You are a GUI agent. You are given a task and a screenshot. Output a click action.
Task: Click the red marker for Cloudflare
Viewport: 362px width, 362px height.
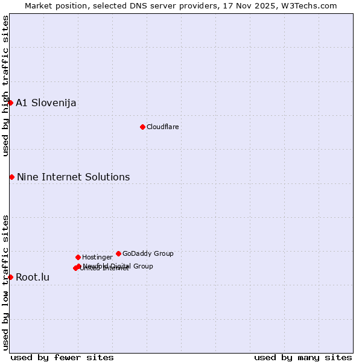[x=142, y=127]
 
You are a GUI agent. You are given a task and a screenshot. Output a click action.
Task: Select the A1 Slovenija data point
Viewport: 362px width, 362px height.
[x=10, y=103]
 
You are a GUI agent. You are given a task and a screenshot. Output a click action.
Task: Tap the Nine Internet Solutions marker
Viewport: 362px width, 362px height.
[x=11, y=177]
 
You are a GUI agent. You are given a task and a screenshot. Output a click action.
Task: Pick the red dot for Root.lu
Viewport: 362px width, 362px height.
[x=10, y=277]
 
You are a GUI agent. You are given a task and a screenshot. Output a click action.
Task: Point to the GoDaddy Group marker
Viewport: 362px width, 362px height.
[x=118, y=253]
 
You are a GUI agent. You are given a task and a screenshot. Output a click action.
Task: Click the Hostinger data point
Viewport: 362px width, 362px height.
[x=78, y=257]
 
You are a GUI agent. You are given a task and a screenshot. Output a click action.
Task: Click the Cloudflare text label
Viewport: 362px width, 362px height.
[x=162, y=127]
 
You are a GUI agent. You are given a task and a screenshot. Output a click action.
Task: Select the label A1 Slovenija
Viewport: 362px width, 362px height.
[x=46, y=103]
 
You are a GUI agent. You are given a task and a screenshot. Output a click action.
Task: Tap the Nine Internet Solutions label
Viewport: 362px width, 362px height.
[x=73, y=177]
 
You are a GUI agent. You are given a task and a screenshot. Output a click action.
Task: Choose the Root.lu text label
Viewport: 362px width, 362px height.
[x=33, y=278]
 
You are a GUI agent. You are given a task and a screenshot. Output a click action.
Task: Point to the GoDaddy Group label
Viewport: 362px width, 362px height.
[x=148, y=253]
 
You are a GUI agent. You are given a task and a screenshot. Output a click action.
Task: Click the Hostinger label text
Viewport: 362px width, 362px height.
[x=97, y=257]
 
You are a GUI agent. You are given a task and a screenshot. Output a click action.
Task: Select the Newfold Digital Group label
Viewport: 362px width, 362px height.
[x=118, y=266]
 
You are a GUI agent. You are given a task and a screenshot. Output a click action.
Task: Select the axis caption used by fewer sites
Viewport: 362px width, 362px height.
[x=62, y=357]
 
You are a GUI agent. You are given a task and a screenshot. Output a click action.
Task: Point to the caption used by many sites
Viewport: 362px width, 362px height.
[x=303, y=357]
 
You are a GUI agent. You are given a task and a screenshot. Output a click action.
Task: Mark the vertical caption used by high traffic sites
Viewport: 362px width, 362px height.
[x=5, y=86]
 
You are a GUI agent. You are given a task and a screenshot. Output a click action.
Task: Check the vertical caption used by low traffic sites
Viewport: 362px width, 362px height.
[x=5, y=282]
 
